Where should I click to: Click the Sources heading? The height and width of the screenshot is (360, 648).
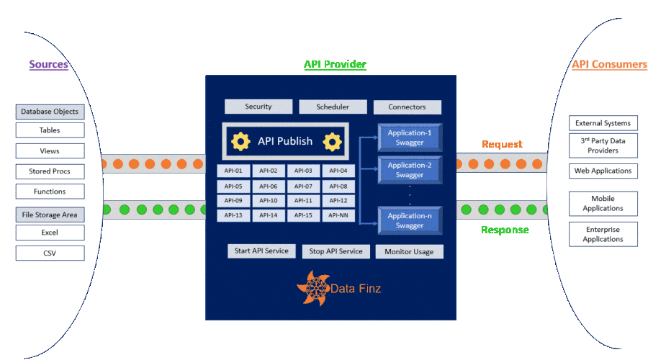point(48,65)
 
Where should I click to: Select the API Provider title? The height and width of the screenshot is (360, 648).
point(335,65)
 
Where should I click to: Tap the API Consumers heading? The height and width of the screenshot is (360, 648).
point(609,65)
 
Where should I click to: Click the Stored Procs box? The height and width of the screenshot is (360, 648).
point(50,171)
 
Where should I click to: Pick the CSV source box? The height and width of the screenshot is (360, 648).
point(50,253)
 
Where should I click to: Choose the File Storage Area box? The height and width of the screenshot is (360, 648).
point(50,215)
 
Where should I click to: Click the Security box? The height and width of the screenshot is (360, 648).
point(258,107)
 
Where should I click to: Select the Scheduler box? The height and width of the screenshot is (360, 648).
point(333,107)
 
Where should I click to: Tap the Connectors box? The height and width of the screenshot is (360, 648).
point(407,107)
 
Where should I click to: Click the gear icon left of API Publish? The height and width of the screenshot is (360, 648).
point(240,141)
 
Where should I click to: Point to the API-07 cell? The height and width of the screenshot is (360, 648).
point(303,186)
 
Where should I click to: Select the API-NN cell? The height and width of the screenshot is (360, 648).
point(338,215)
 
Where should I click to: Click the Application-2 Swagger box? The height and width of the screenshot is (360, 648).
point(410,170)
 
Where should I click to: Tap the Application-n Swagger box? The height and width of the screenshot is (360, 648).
point(410,220)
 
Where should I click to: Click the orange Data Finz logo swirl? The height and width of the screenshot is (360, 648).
point(312,288)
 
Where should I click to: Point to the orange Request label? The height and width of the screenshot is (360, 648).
point(502,145)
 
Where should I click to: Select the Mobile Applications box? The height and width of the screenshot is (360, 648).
point(603,203)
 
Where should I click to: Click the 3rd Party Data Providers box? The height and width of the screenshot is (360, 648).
point(603,145)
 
